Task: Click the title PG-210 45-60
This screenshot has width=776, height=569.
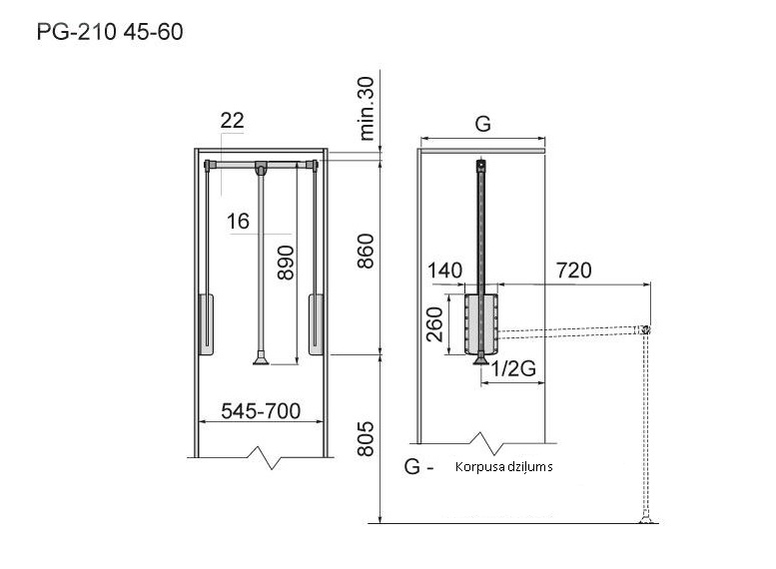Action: point(110,32)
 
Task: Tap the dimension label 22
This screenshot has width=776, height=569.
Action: point(232,120)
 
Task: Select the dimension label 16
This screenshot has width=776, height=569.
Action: point(238,222)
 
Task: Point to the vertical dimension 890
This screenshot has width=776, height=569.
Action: point(286,263)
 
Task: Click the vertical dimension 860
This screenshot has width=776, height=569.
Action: point(366,251)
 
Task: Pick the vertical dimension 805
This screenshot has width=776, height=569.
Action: point(366,438)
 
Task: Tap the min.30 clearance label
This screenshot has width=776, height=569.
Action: point(367,109)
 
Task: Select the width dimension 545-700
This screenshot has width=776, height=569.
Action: point(261,411)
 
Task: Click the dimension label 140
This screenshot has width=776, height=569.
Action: point(444,271)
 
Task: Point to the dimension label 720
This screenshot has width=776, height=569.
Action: point(574,271)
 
